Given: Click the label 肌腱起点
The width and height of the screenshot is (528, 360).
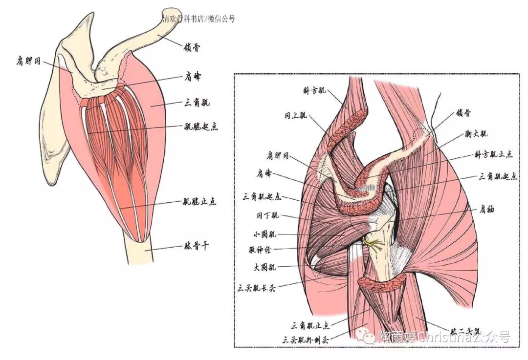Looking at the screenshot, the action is tap(199, 127).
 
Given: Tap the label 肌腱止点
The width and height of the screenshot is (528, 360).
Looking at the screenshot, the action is tap(199, 201).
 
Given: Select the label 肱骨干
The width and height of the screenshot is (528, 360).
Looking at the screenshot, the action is tap(196, 247).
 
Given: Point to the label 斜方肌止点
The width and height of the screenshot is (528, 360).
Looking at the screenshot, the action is tap(493, 154).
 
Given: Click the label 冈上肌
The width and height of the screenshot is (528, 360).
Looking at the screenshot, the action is tap(296, 116).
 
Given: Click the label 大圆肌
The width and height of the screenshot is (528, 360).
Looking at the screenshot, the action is tap(265, 268).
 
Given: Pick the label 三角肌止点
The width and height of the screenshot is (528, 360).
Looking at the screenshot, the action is tap(310, 325).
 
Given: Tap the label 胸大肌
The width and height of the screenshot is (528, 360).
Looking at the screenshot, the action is tap(477, 133).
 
